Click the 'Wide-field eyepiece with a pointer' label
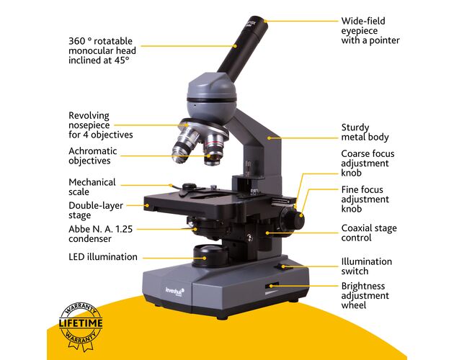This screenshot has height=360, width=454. coord(370,31)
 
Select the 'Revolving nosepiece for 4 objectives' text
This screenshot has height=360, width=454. coord(100,125)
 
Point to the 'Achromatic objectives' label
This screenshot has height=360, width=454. coord(93,156)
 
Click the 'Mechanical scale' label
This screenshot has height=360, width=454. coord(92,187)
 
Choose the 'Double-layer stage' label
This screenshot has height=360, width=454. coord(96,210)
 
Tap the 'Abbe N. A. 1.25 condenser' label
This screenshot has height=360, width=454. coord(100,234)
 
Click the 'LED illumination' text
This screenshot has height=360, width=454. coord(103,257)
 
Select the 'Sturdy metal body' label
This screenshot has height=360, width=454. coord(365,132)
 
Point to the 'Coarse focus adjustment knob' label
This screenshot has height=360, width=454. coord(368,163)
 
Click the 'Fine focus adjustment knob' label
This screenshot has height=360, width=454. coord(365,199)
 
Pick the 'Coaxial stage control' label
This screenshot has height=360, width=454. coord(369,233)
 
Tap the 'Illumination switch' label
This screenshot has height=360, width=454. coord(366,266)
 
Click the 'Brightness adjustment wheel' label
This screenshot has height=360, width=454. coord(365,295)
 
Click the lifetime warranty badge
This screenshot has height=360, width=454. coord(81,326)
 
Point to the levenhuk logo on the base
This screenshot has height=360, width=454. coord(174,292)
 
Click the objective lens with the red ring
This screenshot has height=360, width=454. coord(213,149)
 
